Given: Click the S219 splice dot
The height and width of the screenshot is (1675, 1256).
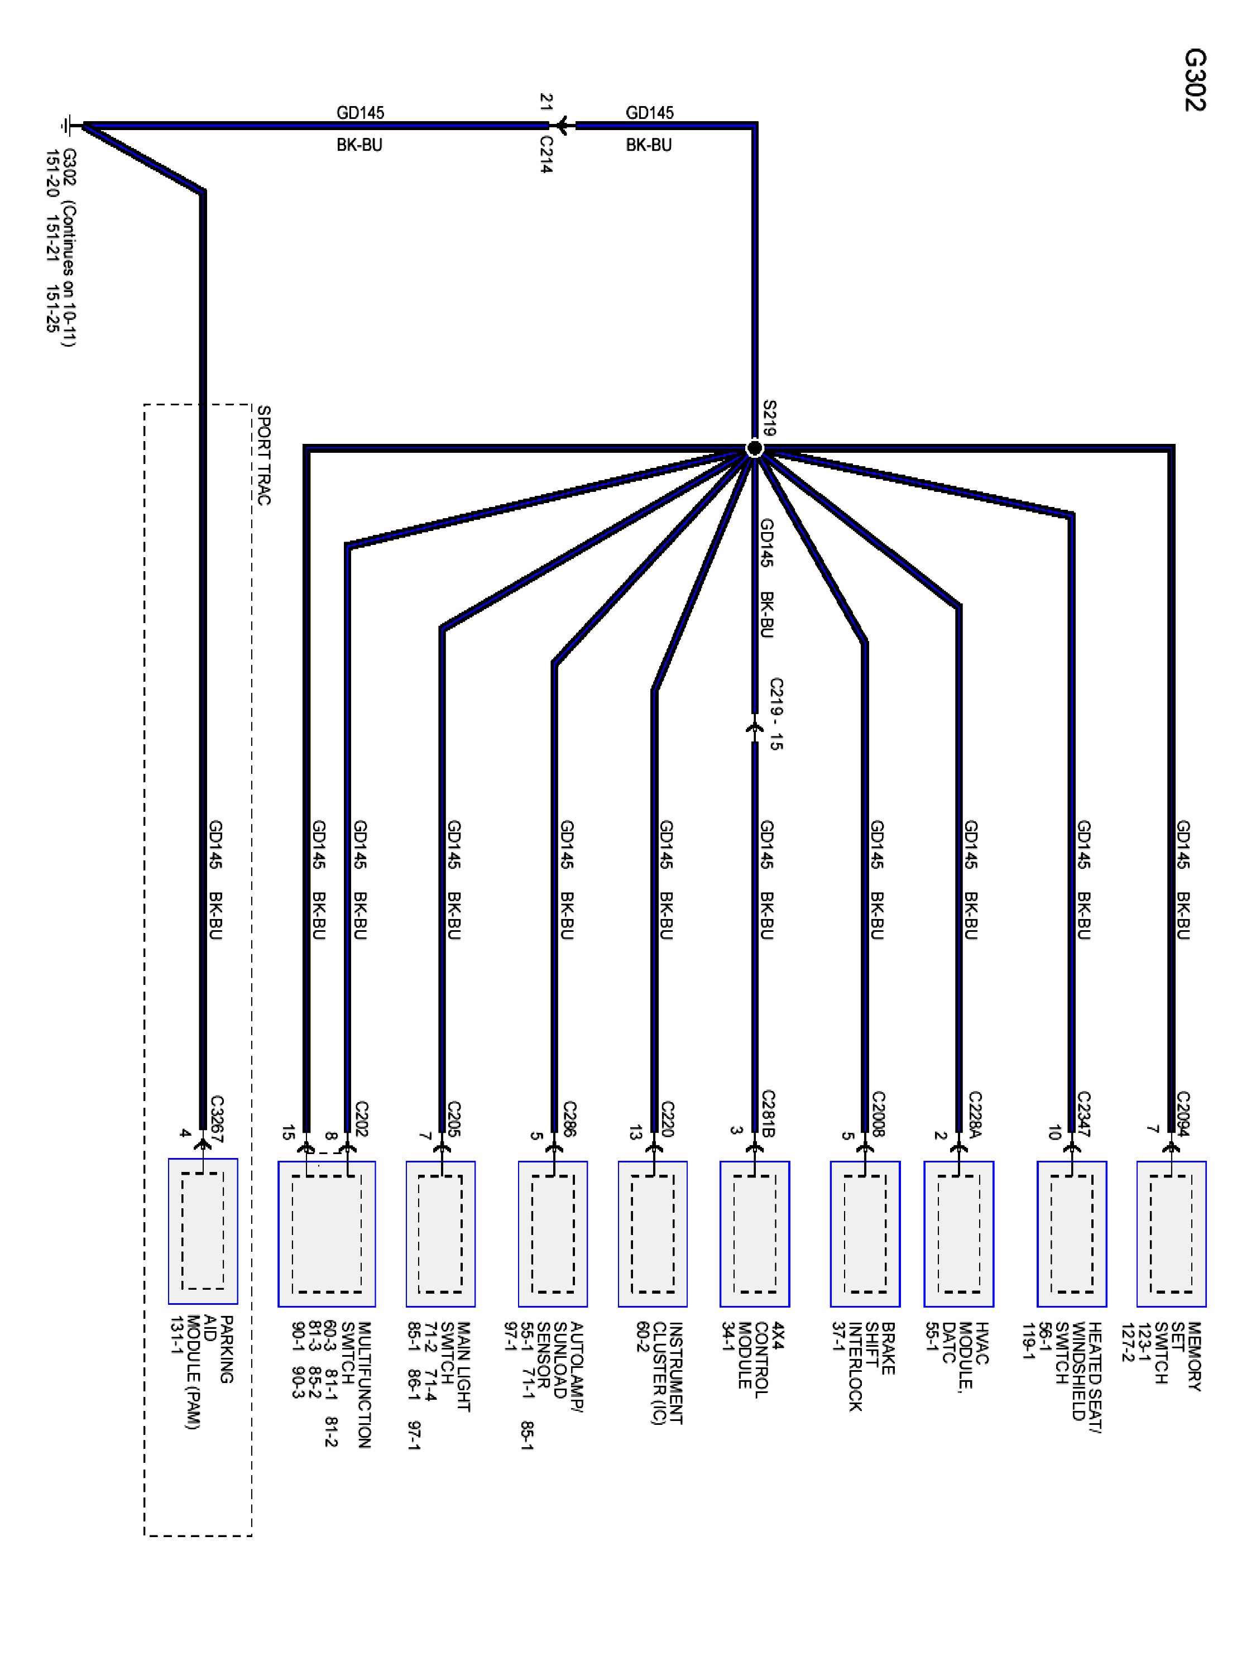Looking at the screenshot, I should coord(754,448).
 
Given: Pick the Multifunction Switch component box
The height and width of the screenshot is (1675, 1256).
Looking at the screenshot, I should coord(327,1234).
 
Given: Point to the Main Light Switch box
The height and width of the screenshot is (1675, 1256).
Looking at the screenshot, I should coord(440,1234).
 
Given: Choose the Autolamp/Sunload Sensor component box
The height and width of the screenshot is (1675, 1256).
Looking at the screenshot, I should coord(553,1234).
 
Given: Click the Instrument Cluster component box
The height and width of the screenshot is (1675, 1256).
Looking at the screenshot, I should coord(653,1234).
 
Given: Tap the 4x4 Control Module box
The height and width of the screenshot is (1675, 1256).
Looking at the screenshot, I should coord(755,1234).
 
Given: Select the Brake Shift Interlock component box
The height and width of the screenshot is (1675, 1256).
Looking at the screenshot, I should coord(865,1234).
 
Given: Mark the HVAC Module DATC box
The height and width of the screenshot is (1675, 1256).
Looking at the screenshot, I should coord(958,1234).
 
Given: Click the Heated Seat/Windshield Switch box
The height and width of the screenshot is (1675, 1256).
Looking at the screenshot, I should coord(1072,1234).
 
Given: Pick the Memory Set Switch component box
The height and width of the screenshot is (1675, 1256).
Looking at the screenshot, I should coord(1171,1234).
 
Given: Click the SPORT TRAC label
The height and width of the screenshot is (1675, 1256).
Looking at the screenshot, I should coord(263,455).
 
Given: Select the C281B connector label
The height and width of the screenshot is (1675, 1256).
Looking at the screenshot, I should coord(768,1114).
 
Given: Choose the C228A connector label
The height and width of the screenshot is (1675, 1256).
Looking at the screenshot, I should coord(974,1114).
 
